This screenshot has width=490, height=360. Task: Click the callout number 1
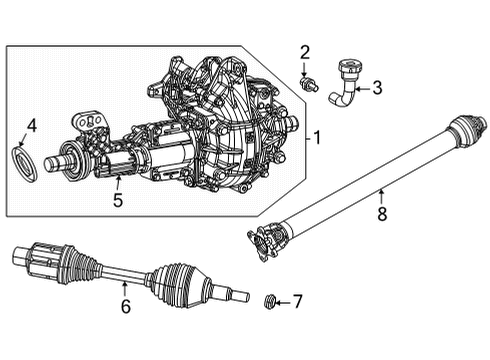coord(318,137)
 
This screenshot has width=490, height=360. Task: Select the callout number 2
coord(305,52)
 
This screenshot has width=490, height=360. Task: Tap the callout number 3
coord(376,88)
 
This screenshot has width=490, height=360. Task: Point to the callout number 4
coord(31,126)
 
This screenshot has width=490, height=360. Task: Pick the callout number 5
coord(117,200)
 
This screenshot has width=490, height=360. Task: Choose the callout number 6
coord(125,307)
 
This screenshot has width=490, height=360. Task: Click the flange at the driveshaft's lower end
coord(266,240)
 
